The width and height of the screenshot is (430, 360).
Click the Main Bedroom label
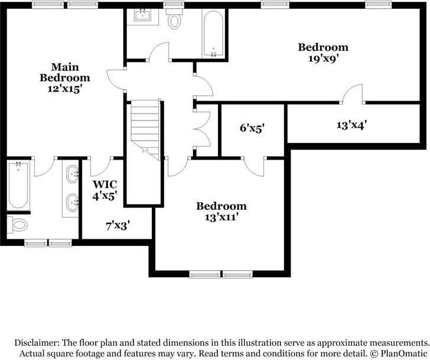pyautogui.click(x=65, y=72)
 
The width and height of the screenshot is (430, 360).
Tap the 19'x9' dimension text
pyautogui.click(x=322, y=59)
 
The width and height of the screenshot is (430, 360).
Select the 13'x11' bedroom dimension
pyautogui.click(x=221, y=218)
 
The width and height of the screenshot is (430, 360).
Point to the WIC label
pyautogui.click(x=105, y=184)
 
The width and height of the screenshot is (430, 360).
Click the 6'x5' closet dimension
pyautogui.click(x=252, y=128)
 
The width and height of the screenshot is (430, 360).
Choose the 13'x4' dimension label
pyautogui.click(x=351, y=125)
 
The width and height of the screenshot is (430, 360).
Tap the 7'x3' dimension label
pyautogui.click(x=118, y=226)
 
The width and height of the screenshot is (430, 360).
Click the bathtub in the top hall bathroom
pyautogui.click(x=213, y=34)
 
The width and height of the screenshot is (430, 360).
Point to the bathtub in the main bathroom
pyautogui.click(x=18, y=186)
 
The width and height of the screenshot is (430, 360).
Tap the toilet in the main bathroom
pyautogui.click(x=17, y=225)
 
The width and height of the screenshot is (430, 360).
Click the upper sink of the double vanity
pyautogui.click(x=73, y=174)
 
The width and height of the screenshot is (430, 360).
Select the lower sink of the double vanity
pyautogui.click(x=73, y=203)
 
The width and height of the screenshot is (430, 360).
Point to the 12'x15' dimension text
pyautogui.click(x=65, y=89)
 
